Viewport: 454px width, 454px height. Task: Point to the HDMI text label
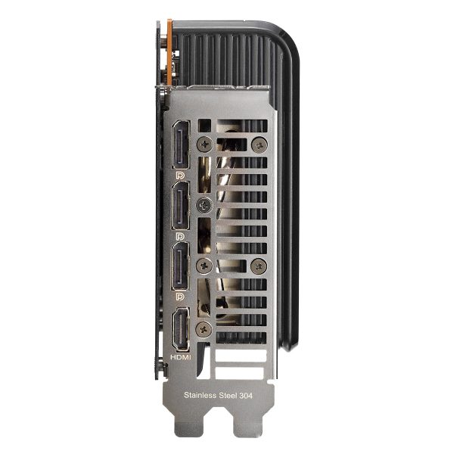[182, 356]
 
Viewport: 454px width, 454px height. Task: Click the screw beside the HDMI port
[204, 328]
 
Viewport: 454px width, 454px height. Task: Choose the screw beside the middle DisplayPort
[204, 205]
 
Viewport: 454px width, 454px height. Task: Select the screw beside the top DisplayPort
[204, 141]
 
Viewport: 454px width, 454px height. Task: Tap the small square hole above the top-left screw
[202, 124]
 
